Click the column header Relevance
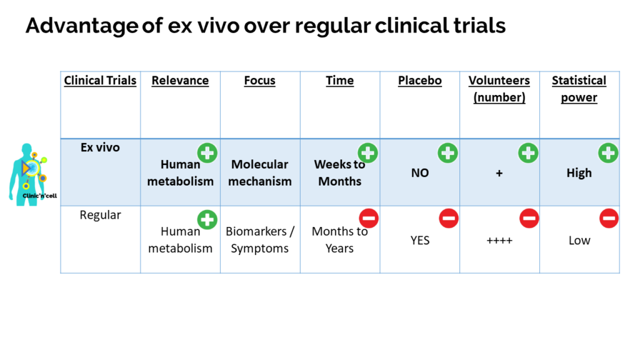coord(180,81)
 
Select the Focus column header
coord(259,81)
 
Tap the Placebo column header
coord(419,81)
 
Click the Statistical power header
coord(579,89)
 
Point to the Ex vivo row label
coord(100,147)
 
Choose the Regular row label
coord(100,215)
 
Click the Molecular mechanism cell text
coord(259,172)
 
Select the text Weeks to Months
coord(339,172)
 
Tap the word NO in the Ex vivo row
coord(419,173)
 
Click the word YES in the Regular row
coord(419,241)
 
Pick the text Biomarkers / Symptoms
coord(259,240)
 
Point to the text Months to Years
coord(339,240)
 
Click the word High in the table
coord(579,173)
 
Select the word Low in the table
coord(579,241)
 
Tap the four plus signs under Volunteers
coord(499,241)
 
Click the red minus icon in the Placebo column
coord(449,218)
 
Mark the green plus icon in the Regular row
coord(207,219)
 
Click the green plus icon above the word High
coord(608,153)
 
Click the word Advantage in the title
coord(82,26)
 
